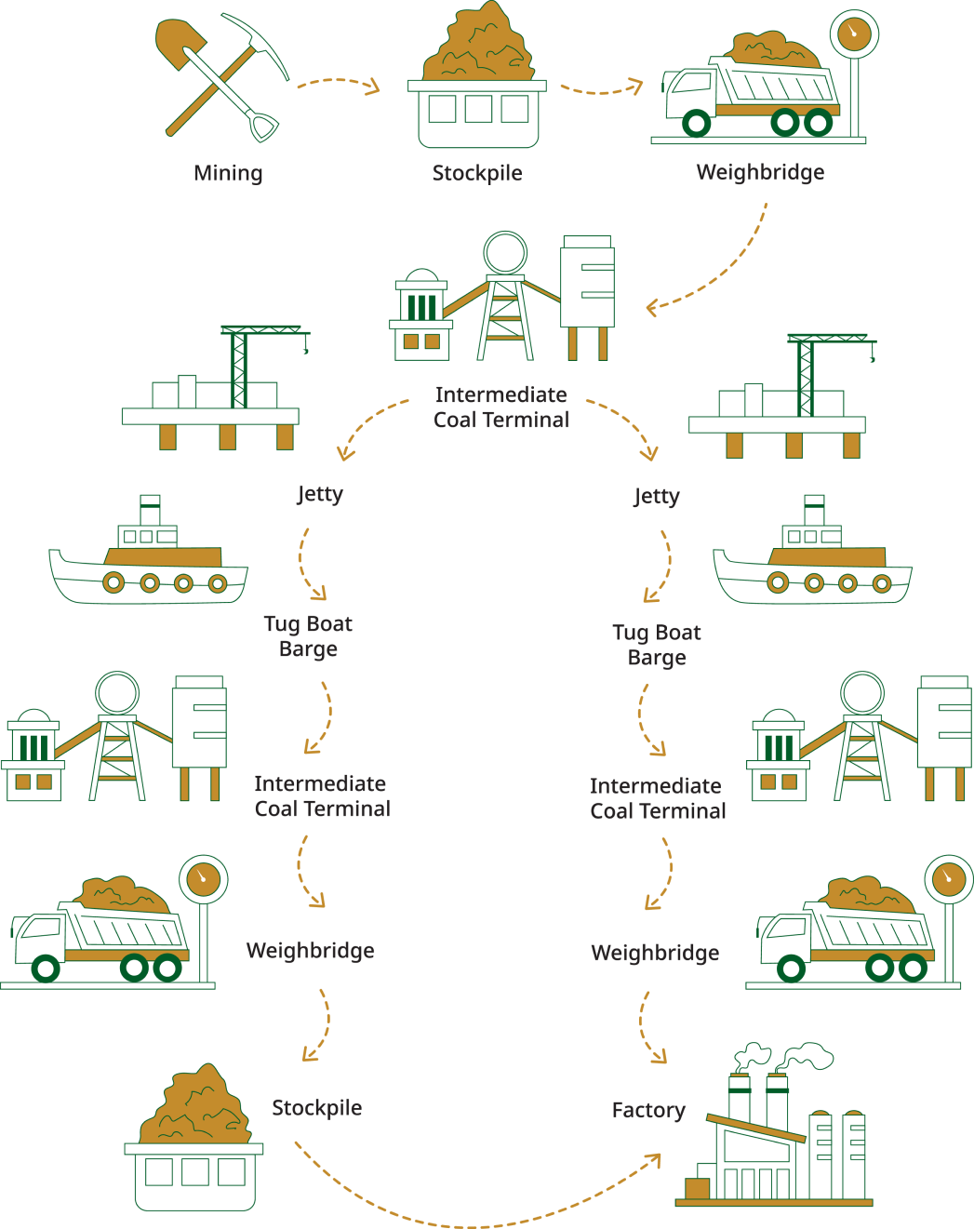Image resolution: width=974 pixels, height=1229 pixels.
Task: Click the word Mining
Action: click(228, 173)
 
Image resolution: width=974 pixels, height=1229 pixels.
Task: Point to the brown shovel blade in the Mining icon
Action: click(177, 43)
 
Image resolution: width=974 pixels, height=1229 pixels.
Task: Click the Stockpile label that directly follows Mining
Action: click(476, 173)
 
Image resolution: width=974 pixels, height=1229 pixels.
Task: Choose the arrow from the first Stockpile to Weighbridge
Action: click(601, 90)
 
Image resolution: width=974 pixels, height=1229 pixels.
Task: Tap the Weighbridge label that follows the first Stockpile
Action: click(760, 172)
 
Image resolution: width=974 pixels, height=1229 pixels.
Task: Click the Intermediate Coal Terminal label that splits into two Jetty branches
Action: click(501, 407)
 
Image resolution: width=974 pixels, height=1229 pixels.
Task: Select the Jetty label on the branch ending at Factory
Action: click(656, 496)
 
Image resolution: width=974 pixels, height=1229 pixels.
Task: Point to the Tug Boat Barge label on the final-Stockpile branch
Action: click(308, 636)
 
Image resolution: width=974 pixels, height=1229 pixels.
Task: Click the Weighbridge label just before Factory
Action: click(655, 953)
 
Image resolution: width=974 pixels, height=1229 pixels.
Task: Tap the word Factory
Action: click(648, 1110)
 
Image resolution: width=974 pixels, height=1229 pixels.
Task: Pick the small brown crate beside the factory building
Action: click(697, 1188)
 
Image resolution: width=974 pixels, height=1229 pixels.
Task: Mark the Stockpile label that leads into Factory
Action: click(316, 1108)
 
